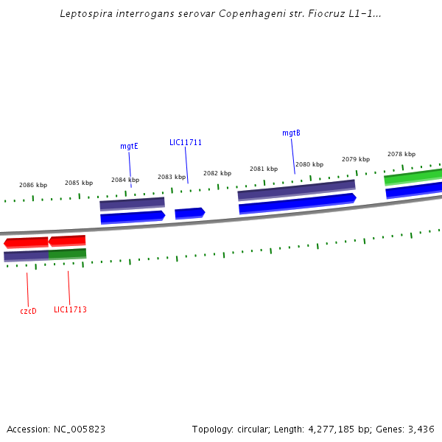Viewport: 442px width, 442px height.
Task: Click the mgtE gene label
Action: coord(129,146)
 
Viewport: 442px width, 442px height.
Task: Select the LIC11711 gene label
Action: coord(186,142)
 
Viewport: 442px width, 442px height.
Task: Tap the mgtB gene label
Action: coord(291,133)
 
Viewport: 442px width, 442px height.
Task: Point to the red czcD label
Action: coord(28,311)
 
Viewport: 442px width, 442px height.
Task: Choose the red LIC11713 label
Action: coord(70,309)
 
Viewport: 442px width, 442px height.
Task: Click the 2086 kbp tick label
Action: coord(33,185)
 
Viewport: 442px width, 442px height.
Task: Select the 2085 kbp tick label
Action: coord(79,183)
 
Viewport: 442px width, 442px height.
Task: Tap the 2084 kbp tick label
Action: coord(125,180)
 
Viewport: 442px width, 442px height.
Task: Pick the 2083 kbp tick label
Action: coord(172,177)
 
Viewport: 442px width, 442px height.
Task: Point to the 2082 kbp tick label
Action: coord(217,173)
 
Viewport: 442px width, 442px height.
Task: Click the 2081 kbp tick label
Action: coord(264,169)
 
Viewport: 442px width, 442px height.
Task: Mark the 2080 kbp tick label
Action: coord(309,164)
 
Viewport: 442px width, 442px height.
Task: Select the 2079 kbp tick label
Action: coord(356,159)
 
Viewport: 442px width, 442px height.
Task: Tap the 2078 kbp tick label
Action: coord(401,154)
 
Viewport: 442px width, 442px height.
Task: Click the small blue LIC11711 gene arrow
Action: coord(189,213)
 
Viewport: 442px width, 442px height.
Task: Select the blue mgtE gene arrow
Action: coord(133,217)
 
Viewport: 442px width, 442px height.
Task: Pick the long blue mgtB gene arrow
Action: coord(297,203)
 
